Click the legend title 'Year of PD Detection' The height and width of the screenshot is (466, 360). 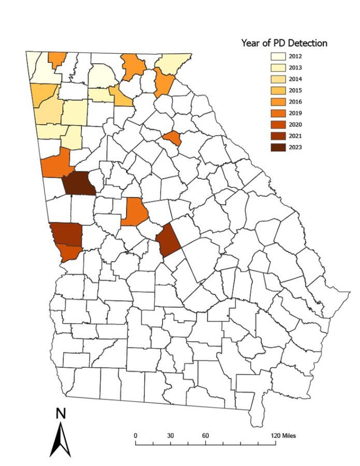pyautogui.click(x=284, y=43)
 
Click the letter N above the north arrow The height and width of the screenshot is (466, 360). pyautogui.click(x=61, y=414)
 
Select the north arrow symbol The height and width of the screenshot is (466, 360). pyautogui.click(x=60, y=440)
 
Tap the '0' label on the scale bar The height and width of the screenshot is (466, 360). pyautogui.click(x=135, y=436)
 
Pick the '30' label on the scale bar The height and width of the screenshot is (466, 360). pyautogui.click(x=170, y=436)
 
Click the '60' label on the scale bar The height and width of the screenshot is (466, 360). pyautogui.click(x=205, y=436)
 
